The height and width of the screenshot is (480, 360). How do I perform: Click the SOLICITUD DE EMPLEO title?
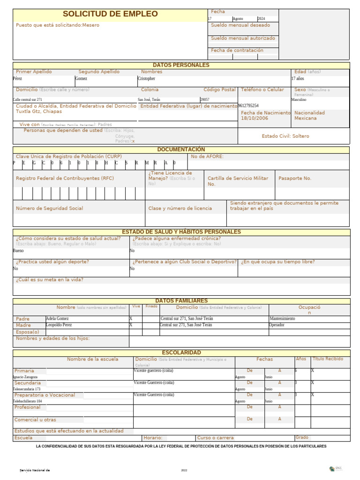[x=110, y=14]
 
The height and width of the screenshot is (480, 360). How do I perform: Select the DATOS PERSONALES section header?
[x=181, y=65]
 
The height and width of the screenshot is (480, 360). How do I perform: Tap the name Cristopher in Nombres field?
[x=146, y=79]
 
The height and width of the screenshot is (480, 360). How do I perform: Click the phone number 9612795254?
[x=248, y=106]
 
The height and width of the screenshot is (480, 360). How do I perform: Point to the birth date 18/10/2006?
[x=254, y=119]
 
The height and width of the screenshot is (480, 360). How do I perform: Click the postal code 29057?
[x=205, y=99]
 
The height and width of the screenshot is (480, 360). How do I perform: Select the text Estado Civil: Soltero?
[x=285, y=136]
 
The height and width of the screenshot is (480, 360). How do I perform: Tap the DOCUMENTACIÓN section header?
[x=181, y=150]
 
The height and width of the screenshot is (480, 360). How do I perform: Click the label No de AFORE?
[x=207, y=157]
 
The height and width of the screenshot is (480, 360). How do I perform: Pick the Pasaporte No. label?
[x=295, y=179]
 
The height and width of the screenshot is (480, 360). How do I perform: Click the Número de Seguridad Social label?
[x=50, y=208]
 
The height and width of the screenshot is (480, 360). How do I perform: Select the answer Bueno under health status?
[x=18, y=251]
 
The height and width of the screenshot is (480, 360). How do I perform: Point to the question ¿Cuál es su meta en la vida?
[x=50, y=280]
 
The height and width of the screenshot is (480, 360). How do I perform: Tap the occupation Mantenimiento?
[x=282, y=319]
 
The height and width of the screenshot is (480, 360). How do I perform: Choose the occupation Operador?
[x=277, y=325]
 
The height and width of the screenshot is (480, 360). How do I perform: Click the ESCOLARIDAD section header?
[x=181, y=352]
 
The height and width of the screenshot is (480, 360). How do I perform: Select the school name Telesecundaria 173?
[x=27, y=389]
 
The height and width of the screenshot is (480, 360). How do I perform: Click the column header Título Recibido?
[x=328, y=359]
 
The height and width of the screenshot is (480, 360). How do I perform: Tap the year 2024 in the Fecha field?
[x=261, y=19]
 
